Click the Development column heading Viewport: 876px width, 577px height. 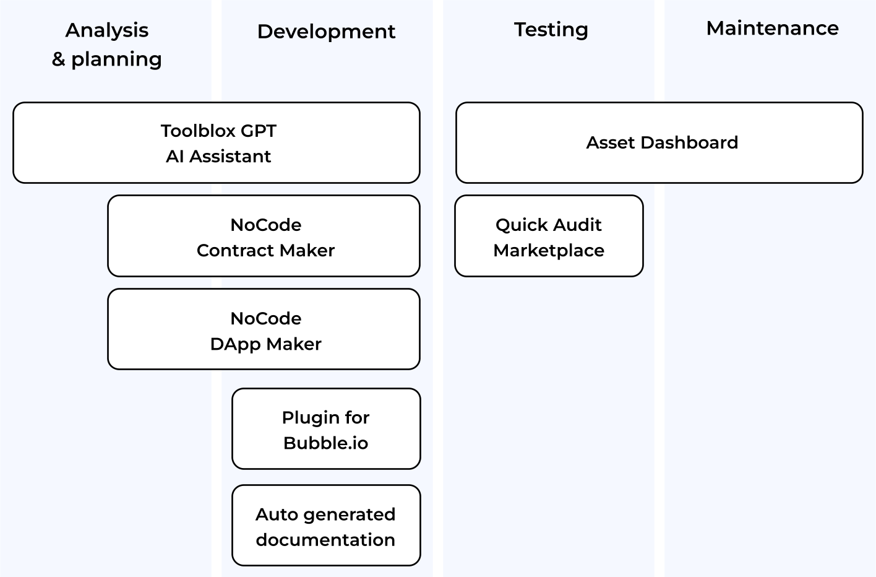pyautogui.click(x=326, y=32)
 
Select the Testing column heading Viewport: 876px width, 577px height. pyautogui.click(x=551, y=30)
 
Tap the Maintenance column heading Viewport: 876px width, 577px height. pyautogui.click(x=772, y=28)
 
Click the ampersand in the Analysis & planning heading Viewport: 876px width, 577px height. pyautogui.click(x=58, y=59)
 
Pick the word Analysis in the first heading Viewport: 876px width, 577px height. pyautogui.click(x=107, y=30)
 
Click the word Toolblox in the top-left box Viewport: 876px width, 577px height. pyautogui.click(x=198, y=131)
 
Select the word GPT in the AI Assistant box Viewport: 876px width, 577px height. pyautogui.click(x=259, y=131)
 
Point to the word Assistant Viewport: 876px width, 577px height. pyautogui.click(x=230, y=157)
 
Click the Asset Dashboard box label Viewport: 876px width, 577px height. pyautogui.click(x=662, y=142)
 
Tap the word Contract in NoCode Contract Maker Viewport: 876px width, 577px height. pyautogui.click(x=235, y=251)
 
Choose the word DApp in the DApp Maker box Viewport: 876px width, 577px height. pyautogui.click(x=236, y=345)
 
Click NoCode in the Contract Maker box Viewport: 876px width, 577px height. pyautogui.click(x=266, y=225)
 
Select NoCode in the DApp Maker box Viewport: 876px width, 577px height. pyautogui.click(x=266, y=319)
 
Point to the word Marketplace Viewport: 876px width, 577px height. pyautogui.click(x=549, y=251)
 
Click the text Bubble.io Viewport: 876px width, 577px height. pyautogui.click(x=326, y=443)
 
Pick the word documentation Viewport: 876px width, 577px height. pyautogui.click(x=325, y=540)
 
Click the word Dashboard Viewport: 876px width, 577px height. pyautogui.click(x=689, y=142)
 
